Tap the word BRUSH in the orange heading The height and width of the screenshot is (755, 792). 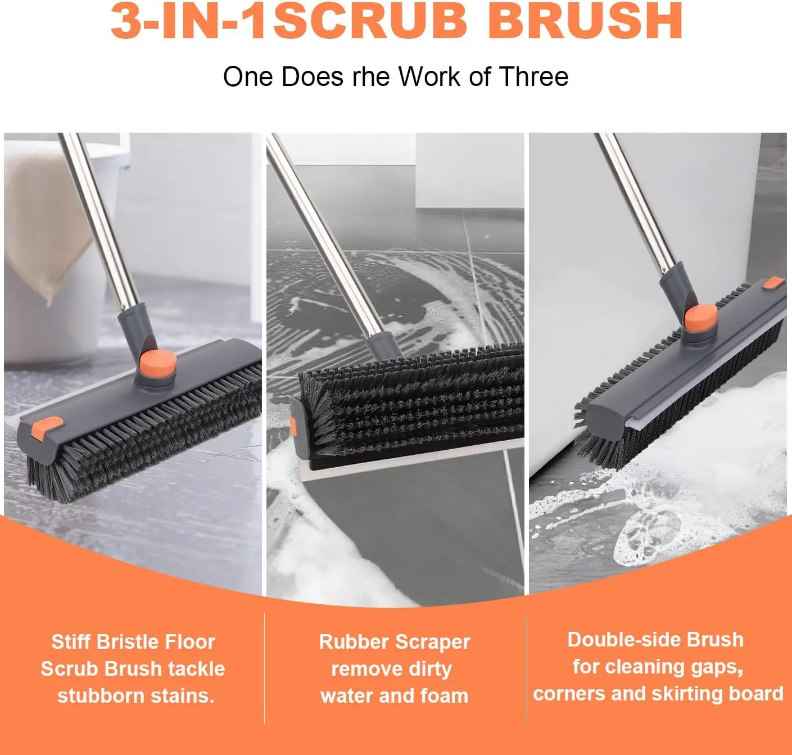tap(585, 20)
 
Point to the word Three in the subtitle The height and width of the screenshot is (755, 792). tap(533, 76)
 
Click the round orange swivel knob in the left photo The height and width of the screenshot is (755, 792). tap(157, 363)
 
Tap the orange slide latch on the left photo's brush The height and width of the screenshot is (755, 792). tap(48, 428)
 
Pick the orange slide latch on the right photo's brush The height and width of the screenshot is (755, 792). tap(774, 283)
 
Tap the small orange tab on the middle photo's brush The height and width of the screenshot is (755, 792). tap(293, 426)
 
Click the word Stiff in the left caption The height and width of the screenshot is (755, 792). tap(71, 642)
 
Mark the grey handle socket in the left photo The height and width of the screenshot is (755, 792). tap(137, 329)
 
